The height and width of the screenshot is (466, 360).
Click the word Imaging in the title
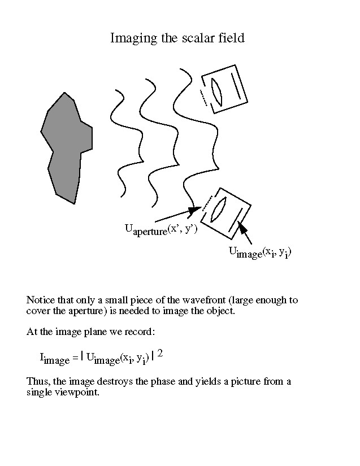133,38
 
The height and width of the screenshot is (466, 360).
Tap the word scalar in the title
198,38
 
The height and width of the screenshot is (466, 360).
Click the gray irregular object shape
67,148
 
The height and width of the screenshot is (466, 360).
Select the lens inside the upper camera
217,92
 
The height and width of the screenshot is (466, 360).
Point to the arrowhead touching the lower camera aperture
195,209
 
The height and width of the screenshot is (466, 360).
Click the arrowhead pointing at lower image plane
242,228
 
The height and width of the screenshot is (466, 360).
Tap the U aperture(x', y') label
161,230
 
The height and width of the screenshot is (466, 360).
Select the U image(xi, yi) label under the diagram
260,252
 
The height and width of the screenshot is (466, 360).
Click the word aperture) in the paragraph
88,311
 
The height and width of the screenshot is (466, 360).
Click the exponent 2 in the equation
160,354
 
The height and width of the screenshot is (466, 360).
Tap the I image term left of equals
55,359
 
